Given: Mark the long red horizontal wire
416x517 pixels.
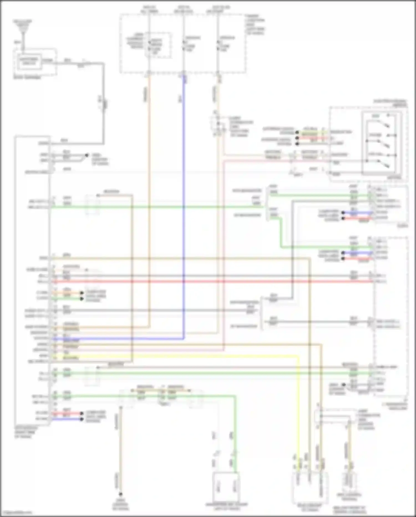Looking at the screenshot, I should (x=211, y=282).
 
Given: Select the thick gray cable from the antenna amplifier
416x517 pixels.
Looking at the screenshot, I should (x=104, y=106).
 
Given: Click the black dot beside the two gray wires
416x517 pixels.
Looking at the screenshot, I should (x=87, y=155).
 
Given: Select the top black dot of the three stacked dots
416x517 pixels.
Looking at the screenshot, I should (x=297, y=133).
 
